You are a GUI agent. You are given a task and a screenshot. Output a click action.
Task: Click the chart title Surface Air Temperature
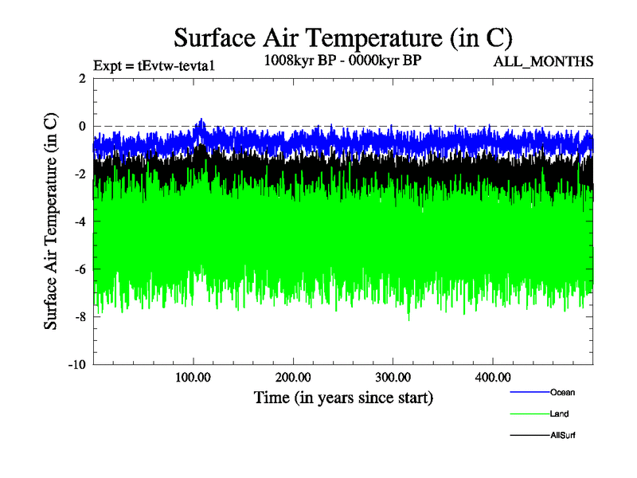click(x=342, y=38)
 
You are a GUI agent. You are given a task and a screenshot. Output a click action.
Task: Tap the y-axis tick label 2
click(x=82, y=78)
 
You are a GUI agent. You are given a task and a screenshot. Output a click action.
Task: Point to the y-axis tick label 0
click(x=82, y=126)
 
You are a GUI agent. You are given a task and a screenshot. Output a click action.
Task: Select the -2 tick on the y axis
click(x=80, y=174)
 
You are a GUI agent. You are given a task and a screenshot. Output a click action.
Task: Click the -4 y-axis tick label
click(x=80, y=221)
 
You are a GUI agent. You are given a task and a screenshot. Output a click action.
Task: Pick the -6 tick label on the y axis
click(x=80, y=269)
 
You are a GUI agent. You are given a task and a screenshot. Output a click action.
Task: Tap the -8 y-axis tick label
click(x=80, y=317)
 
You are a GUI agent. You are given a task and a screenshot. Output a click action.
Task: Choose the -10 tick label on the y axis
click(x=76, y=365)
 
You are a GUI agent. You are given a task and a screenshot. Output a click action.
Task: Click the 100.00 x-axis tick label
click(x=193, y=376)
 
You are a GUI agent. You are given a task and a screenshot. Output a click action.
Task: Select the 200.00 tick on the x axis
click(x=293, y=376)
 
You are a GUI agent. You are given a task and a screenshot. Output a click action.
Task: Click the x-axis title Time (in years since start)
click(x=343, y=397)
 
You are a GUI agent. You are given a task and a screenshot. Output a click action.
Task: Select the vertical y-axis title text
click(x=51, y=221)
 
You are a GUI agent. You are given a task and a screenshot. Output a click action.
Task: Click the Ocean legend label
click(x=562, y=392)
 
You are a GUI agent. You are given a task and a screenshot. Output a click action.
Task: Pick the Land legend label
click(x=559, y=413)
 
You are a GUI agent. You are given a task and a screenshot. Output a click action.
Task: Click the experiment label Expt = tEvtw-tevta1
click(x=155, y=65)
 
